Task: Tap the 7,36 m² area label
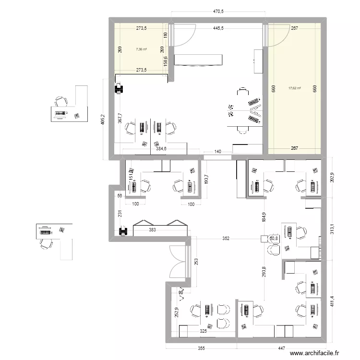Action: point(141,48)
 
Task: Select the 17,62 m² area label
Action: point(294,88)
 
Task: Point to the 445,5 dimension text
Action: point(218,28)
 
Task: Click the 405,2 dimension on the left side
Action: point(102,119)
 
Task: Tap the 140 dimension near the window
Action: point(218,152)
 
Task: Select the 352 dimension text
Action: point(226,239)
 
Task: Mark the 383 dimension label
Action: point(153,230)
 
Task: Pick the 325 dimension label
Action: point(204,331)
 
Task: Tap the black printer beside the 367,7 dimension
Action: point(119,88)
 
